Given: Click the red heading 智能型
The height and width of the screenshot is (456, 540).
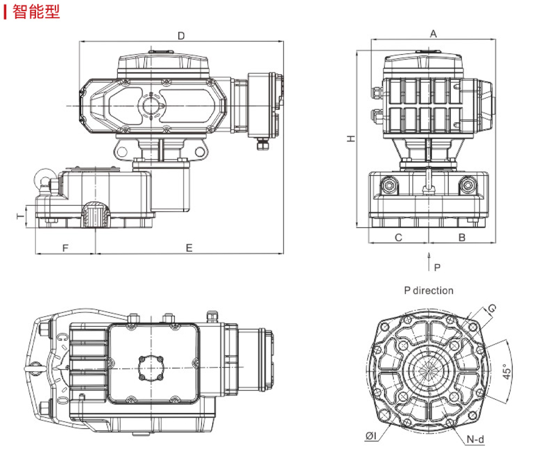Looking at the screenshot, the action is pos(36,11).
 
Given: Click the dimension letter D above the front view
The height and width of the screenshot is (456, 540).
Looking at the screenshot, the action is pos(181,36).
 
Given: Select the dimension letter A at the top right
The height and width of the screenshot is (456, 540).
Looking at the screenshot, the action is pos(433,34).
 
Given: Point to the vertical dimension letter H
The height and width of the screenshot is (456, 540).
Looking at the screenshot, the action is pos(351,138).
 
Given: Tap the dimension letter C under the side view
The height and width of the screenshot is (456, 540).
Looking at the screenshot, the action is pos(399,238).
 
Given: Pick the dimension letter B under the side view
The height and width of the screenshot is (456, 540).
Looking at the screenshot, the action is pos(462,238).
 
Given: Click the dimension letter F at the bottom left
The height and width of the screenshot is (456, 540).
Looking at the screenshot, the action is pos(65,248).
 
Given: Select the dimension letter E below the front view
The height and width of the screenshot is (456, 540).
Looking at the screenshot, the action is pos(189,248).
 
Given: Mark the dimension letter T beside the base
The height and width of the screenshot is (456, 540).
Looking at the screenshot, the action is pos(21,216).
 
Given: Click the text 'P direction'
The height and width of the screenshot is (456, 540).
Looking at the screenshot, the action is pos(429,291).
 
